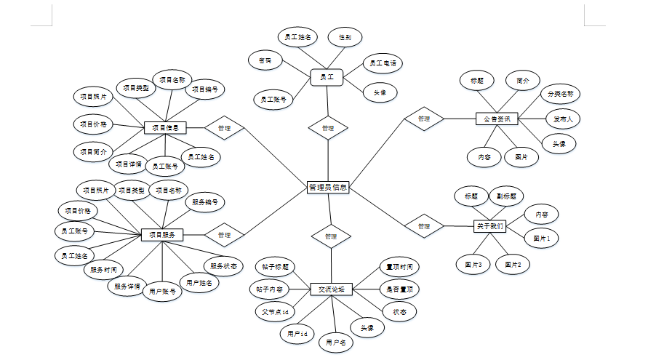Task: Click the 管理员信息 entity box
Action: [328, 188]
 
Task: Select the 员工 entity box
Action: [327, 76]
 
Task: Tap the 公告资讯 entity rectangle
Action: [497, 118]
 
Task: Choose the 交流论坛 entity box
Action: [331, 289]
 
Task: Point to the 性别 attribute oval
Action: [345, 36]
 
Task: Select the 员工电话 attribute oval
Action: [383, 64]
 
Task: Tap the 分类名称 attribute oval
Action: [560, 94]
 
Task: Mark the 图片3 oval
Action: [473, 265]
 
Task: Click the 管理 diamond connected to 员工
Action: [327, 128]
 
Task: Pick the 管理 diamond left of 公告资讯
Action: [424, 119]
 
